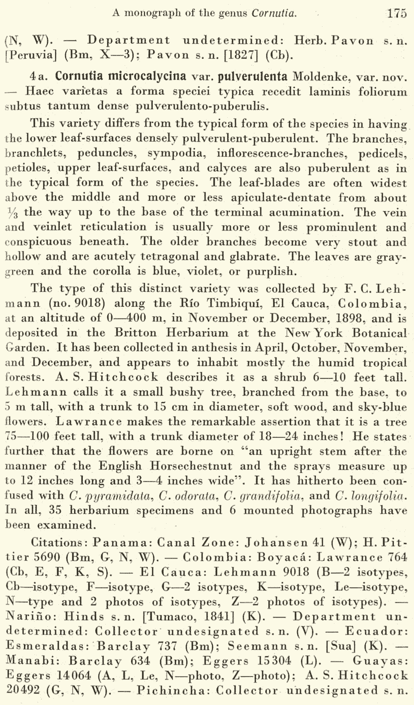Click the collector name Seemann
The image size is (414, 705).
pos(251,646)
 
